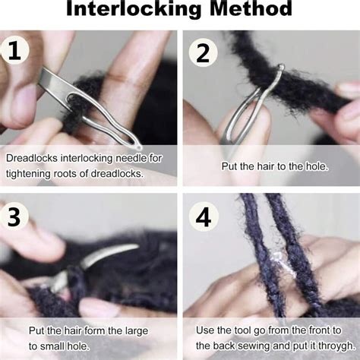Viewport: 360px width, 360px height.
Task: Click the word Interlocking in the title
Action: [x=133, y=10]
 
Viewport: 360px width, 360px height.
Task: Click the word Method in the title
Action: [x=248, y=10]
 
